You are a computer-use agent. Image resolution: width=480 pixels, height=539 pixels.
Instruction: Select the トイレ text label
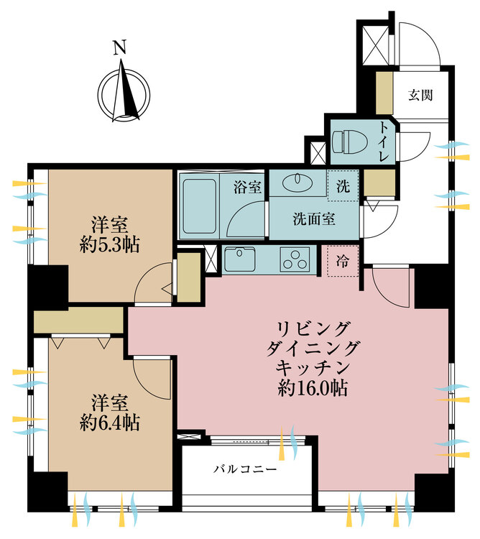click(x=384, y=142)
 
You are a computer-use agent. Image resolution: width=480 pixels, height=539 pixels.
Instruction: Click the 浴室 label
click(x=247, y=188)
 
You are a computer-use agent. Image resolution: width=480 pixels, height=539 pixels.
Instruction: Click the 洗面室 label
click(x=313, y=220)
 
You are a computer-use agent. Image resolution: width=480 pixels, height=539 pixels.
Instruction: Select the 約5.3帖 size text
click(x=110, y=244)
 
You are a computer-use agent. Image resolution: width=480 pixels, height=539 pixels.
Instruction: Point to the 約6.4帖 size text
click(x=110, y=420)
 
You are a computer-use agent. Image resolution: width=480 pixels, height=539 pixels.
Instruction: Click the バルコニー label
click(x=245, y=469)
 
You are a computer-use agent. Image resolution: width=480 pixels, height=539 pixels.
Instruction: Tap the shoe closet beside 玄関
click(x=384, y=90)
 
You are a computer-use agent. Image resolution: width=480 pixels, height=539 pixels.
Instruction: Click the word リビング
click(x=315, y=328)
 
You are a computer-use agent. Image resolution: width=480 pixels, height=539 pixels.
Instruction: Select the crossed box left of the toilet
click(x=316, y=152)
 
